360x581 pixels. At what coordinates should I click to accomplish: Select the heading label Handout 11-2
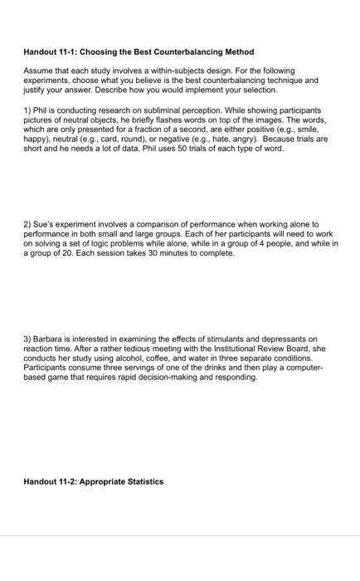pos(55,481)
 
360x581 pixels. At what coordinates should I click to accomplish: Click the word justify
pos(35,90)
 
